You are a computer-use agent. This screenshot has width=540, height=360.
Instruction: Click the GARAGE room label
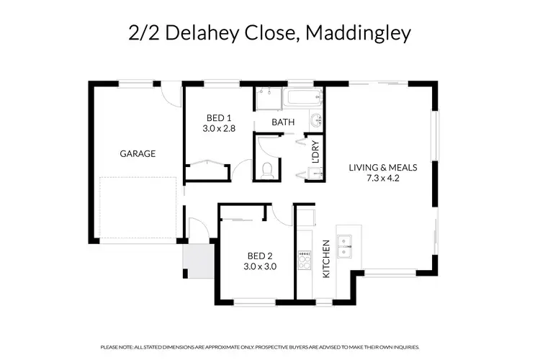point(138,153)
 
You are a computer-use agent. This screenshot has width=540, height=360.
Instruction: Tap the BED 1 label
point(218,118)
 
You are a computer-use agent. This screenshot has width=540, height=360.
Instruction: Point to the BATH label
point(283,122)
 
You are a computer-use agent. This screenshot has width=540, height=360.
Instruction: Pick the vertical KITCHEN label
point(326,259)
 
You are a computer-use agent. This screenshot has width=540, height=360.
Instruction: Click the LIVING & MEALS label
point(383,168)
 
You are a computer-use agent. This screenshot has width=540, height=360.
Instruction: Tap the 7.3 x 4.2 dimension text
point(383,179)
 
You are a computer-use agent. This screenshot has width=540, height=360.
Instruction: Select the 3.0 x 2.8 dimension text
point(218,130)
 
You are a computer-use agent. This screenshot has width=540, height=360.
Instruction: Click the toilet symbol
point(267,169)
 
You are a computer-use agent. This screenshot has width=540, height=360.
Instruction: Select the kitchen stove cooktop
point(304,260)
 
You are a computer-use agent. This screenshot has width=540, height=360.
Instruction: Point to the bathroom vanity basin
point(315,120)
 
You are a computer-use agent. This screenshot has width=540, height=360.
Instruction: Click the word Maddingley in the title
point(359,33)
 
